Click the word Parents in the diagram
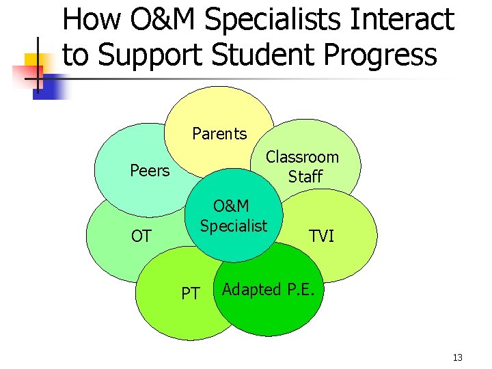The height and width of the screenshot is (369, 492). coord(219,133)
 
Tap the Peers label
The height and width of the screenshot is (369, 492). coord(150,170)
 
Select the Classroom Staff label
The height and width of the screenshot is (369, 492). coord(302,167)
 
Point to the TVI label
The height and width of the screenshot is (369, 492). coord(321,236)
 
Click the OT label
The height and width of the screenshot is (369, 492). coord(141,236)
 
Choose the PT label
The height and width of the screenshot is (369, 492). coord(191,294)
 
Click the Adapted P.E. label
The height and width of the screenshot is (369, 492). coord(269,289)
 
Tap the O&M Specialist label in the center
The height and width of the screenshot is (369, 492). coord(233,215)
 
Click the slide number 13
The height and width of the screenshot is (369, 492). coord(458,358)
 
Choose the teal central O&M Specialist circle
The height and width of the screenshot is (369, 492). coord(232,239)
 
